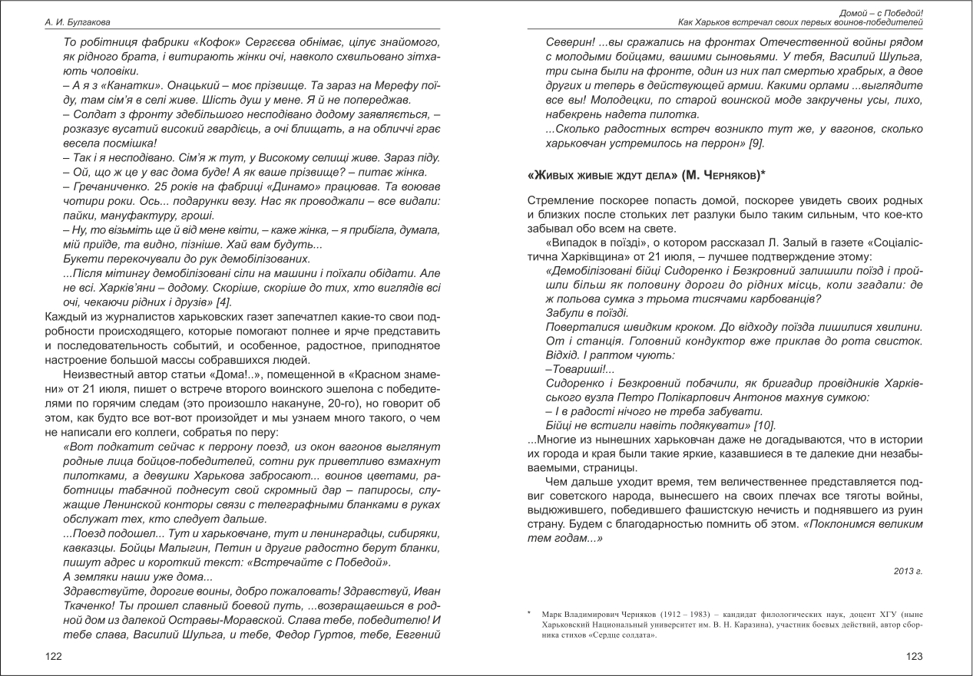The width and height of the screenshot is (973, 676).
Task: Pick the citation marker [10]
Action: click(763, 424)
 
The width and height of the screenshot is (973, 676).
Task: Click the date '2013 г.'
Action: click(908, 571)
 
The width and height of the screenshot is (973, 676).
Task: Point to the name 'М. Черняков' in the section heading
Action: click(719, 176)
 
